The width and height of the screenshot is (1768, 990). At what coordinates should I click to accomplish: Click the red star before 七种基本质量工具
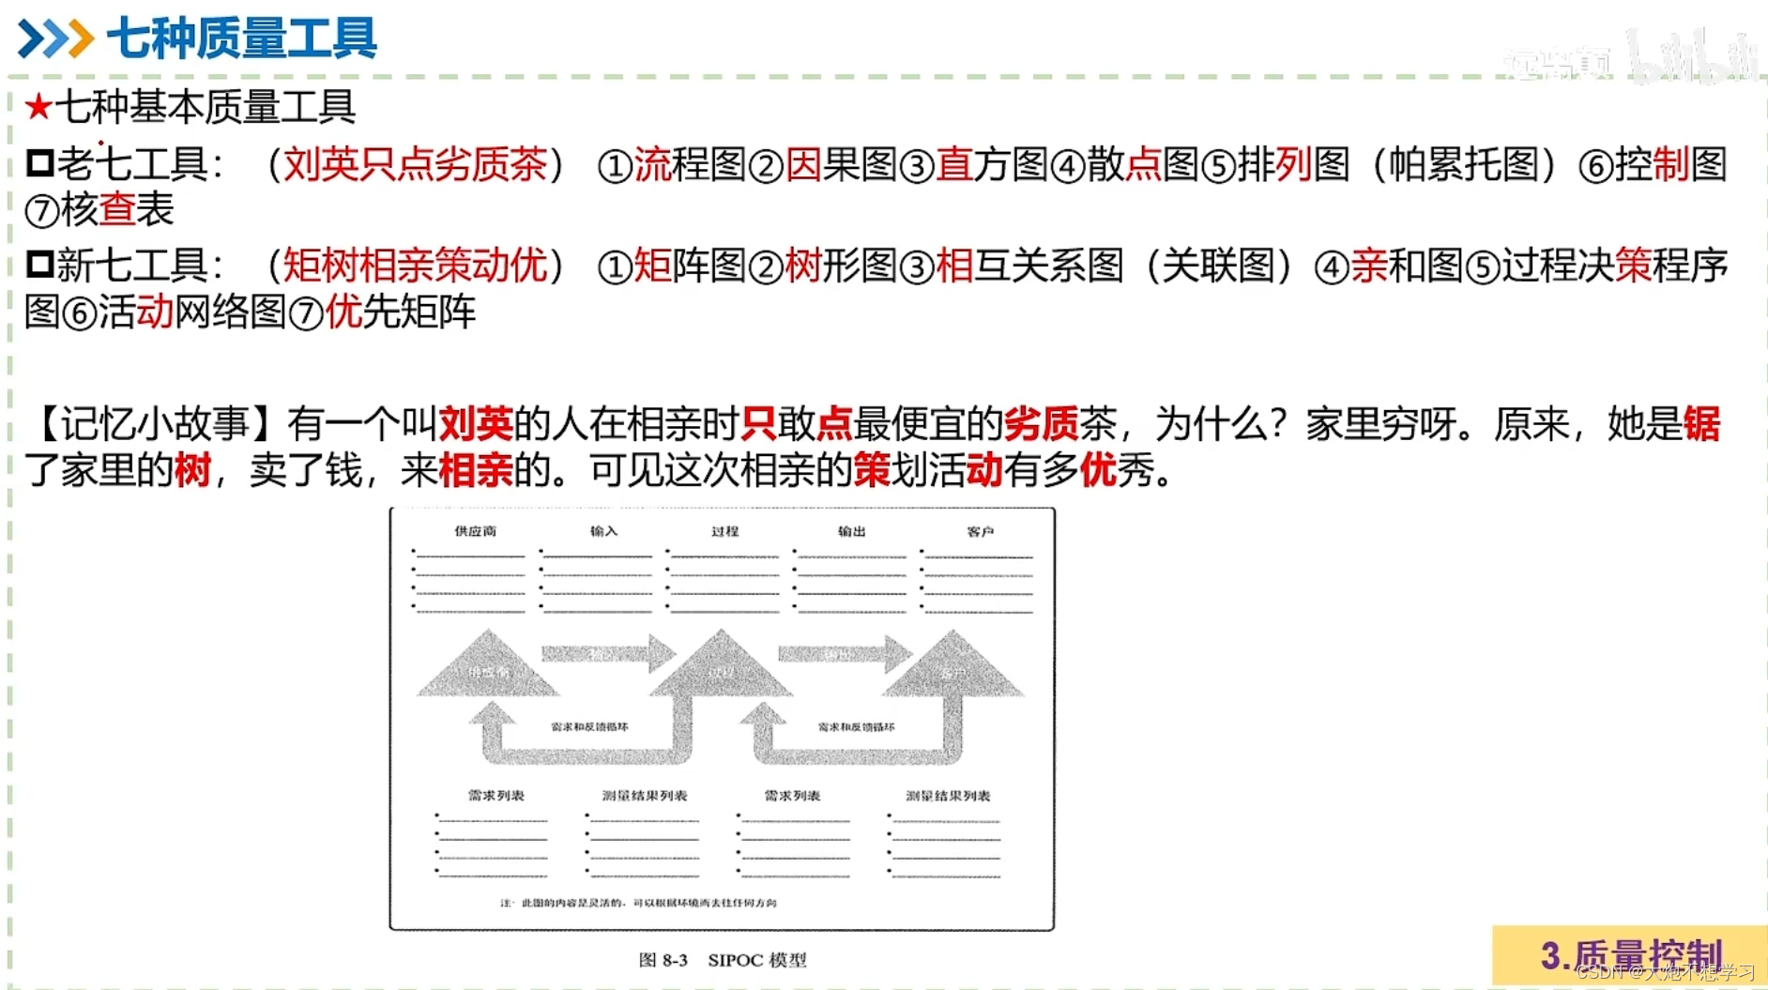[38, 107]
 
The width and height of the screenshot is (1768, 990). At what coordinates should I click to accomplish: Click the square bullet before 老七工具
[39, 163]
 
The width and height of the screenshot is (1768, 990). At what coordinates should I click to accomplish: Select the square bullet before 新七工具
[39, 265]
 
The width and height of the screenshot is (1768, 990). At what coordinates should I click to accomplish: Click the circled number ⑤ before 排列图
[1218, 166]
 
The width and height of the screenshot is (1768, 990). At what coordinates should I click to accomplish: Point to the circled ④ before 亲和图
[1331, 267]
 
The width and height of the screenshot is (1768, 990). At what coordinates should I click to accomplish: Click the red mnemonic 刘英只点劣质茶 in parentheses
[415, 164]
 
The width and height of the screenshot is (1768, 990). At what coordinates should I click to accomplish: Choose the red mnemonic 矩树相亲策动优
[415, 266]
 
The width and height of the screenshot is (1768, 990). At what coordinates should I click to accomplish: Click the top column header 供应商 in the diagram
[475, 531]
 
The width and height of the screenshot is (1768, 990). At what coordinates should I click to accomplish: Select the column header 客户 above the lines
[980, 531]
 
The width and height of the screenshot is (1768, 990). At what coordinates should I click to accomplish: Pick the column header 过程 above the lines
[724, 531]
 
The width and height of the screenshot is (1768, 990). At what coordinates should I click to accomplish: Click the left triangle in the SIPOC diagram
[487, 666]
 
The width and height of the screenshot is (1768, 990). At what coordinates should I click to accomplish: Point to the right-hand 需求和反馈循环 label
[856, 727]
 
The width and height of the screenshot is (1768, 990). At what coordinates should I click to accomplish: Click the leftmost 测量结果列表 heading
[645, 796]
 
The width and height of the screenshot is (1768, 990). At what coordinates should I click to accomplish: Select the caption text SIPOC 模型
[756, 960]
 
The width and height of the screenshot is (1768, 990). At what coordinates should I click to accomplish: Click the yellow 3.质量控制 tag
[1630, 955]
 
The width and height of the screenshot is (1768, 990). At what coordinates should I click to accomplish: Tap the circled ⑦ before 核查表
[41, 211]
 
